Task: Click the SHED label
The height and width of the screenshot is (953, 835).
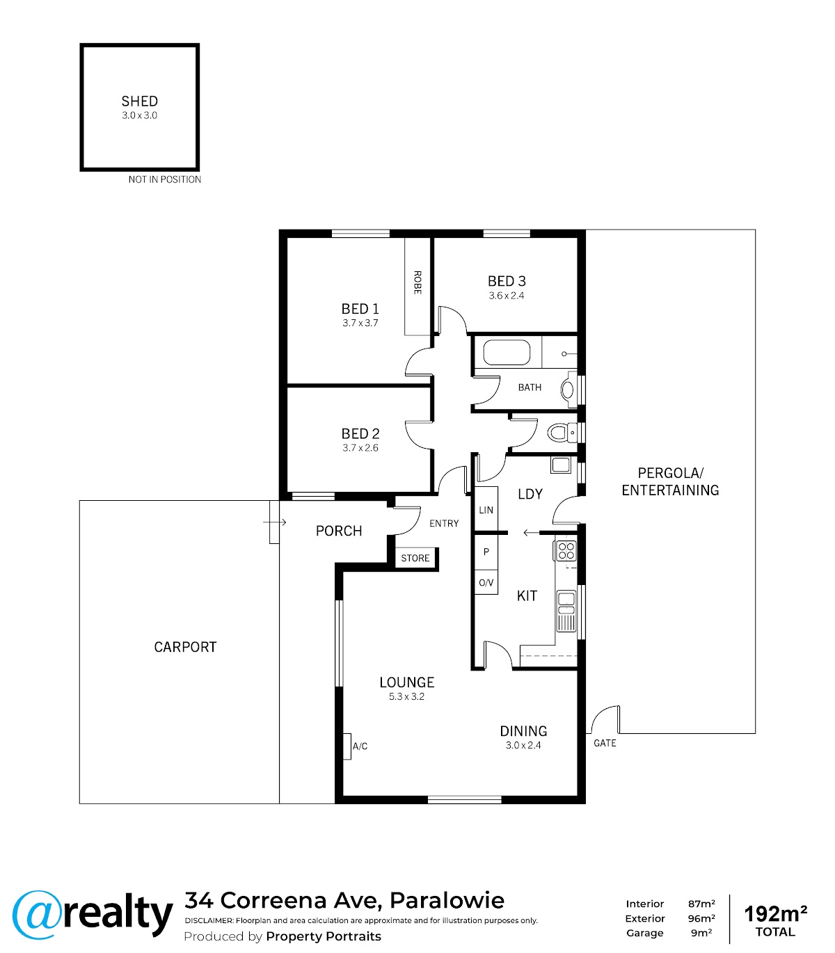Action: pos(139,101)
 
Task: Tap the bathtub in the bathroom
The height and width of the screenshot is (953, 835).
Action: pos(507,353)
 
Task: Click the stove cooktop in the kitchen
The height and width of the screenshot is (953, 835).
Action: pos(566,551)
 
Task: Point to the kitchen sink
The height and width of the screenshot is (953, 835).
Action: pos(566,611)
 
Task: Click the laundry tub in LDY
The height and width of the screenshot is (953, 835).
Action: pos(561,465)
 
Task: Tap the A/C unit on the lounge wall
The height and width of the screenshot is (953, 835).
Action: pos(347,746)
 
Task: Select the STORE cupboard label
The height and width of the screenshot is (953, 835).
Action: pos(415,558)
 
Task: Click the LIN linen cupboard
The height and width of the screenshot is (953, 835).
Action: pos(486,508)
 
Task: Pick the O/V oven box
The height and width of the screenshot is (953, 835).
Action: pos(486,582)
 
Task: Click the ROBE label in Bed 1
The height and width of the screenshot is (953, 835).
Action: pos(417,282)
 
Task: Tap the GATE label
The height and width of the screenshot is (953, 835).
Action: pos(605,744)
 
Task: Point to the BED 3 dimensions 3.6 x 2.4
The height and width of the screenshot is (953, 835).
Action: pos(507,296)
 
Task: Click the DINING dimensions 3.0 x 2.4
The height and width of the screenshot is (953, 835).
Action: pos(523,745)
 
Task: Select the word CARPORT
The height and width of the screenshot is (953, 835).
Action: pos(185,647)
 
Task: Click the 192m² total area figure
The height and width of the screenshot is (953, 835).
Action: pos(775,914)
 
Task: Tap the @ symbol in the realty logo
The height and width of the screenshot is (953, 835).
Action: pos(37,915)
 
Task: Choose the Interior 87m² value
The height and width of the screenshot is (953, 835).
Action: pos(701,904)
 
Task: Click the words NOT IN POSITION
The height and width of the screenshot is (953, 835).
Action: pos(164,179)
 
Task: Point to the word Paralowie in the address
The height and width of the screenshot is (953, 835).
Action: pos(447,900)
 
